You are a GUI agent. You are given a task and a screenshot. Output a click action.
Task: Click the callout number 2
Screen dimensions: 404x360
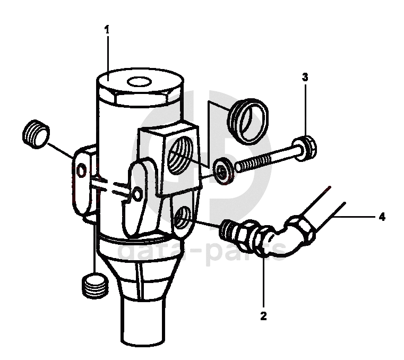click(263, 317)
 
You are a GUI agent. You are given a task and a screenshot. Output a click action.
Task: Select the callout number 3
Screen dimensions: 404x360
click(305, 77)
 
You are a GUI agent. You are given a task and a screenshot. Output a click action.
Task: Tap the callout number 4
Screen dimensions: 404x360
click(382, 217)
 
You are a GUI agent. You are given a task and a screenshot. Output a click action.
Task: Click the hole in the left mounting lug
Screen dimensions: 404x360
click(81, 170)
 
